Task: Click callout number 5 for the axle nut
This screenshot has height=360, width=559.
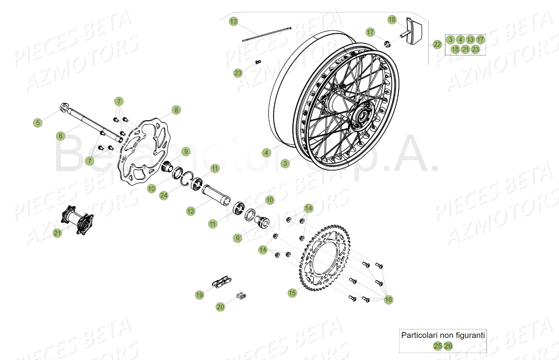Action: coord(38,123)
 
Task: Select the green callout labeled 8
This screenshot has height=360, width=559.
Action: coord(176,110)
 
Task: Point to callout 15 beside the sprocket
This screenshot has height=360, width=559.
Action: coord(292,293)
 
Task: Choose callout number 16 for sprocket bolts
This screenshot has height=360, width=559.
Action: coord(388,300)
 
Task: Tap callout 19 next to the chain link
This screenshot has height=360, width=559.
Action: coord(199,295)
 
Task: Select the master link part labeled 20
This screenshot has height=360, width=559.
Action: coord(242,296)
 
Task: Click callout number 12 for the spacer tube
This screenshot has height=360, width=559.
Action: coord(190,211)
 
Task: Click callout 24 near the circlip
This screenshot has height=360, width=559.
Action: coord(164,196)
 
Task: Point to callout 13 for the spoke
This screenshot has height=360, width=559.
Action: coord(233,21)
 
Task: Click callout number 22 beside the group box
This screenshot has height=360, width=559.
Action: coord(437,45)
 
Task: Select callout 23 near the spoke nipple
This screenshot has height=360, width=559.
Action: coord(238,73)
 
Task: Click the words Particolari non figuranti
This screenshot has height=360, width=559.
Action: coord(443,335)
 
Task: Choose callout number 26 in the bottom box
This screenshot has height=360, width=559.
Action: coord(448,346)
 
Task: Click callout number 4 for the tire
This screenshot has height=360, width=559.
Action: coord(266,153)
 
